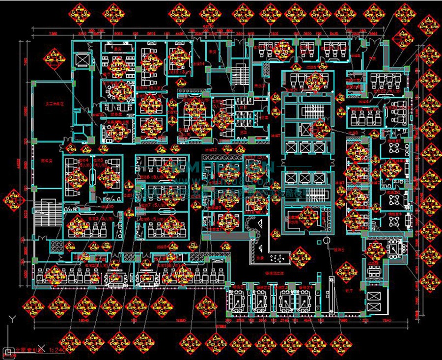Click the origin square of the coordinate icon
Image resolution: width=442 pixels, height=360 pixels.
coord(8,351)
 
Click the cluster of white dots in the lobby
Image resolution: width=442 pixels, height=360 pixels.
coord(277,259)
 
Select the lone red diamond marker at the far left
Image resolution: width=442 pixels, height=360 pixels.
coord(13,199)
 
